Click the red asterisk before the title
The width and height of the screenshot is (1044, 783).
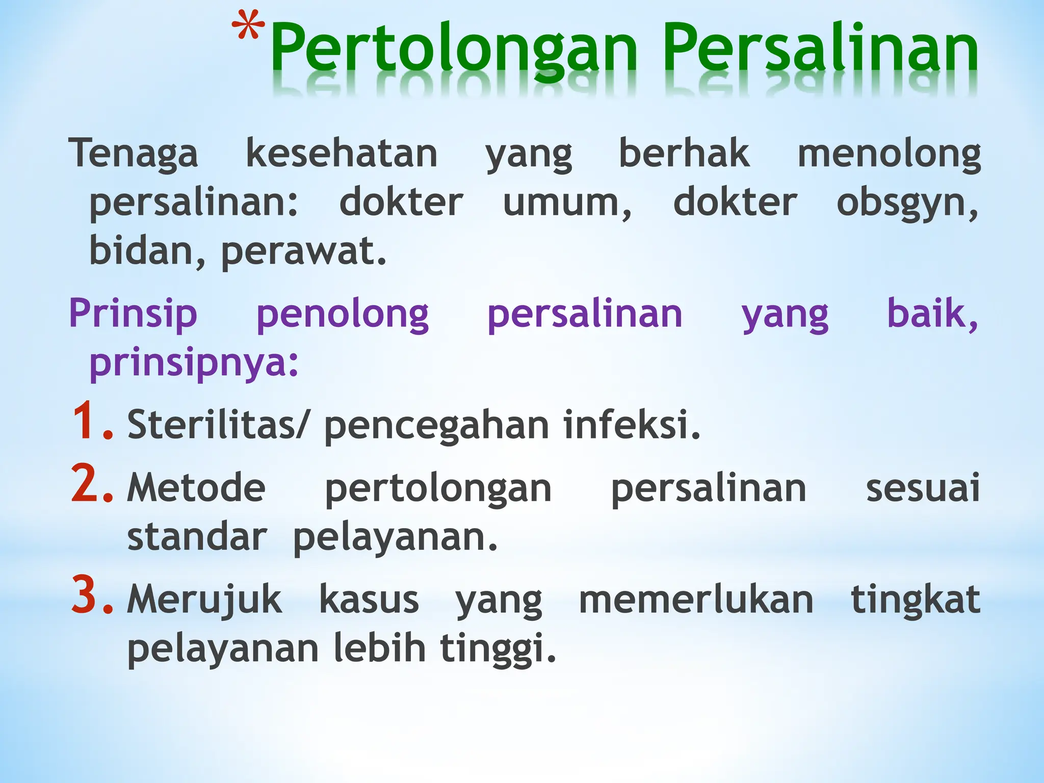249,28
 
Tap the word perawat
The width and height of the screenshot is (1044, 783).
303,252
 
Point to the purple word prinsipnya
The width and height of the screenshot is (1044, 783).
194,364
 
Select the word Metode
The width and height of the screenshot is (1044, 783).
196,488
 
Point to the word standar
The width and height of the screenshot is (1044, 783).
197,537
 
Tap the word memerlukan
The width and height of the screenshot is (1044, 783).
696,599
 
